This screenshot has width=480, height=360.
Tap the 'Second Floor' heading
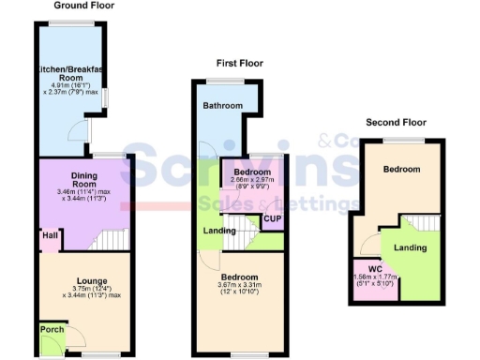[396, 122]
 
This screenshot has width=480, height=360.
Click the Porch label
[51, 329]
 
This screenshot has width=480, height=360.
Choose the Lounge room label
[92, 281]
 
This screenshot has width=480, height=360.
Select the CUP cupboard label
[273, 219]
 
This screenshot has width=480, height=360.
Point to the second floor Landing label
[411, 247]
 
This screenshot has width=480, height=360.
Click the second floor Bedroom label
[401, 169]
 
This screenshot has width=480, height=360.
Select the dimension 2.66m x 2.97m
[253, 182]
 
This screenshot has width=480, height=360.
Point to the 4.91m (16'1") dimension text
[71, 84]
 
